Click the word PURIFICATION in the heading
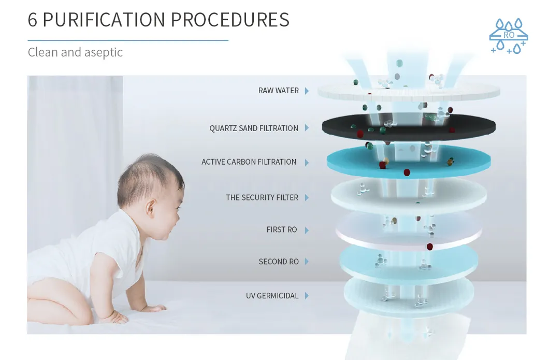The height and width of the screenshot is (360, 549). (x=104, y=20)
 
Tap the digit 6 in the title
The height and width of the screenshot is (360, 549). (x=32, y=20)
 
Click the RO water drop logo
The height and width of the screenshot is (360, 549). (x=509, y=36)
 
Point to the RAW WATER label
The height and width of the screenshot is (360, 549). (x=278, y=90)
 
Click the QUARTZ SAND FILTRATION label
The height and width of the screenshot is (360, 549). (x=254, y=128)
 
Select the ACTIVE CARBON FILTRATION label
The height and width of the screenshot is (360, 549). (x=249, y=162)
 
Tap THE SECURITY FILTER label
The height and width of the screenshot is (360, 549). (x=262, y=197)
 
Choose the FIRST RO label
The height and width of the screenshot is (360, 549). (x=282, y=229)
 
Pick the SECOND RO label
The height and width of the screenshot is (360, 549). (x=279, y=262)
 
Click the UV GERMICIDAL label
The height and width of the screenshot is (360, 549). (x=272, y=296)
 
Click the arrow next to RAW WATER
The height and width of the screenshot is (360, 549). (x=307, y=91)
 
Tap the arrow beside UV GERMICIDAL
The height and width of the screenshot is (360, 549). (x=307, y=296)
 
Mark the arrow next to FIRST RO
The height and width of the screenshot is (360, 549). (x=307, y=230)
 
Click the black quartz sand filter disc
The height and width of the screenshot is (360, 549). (x=409, y=127)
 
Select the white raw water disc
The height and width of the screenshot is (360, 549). (x=409, y=92)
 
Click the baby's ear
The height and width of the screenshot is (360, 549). (x=151, y=207)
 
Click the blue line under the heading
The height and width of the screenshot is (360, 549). (x=128, y=40)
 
